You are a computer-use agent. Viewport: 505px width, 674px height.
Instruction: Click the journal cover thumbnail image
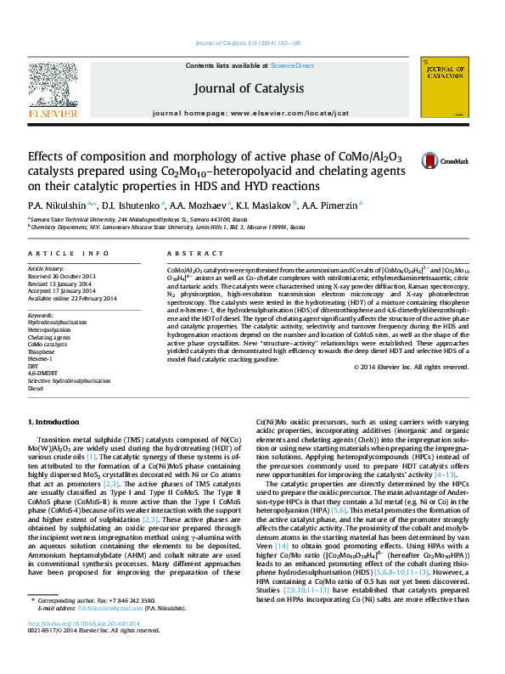point(447,87)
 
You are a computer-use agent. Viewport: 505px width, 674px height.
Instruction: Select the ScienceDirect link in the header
point(292,65)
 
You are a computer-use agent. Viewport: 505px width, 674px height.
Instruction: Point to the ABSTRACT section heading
point(183,254)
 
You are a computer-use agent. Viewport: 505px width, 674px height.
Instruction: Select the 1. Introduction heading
point(56,422)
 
